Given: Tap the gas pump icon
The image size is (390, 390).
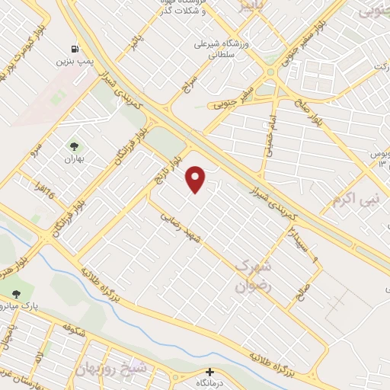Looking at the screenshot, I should click(x=74, y=48).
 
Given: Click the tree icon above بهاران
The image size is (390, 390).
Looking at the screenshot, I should click(x=74, y=145).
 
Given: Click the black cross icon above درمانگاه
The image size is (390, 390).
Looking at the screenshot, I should click(x=210, y=372).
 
